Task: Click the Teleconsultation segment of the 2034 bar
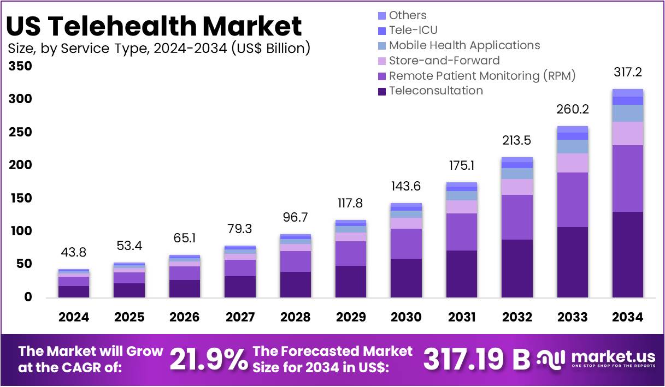click(x=627, y=254)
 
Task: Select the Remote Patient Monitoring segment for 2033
click(x=572, y=200)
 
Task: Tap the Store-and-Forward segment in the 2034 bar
click(x=627, y=133)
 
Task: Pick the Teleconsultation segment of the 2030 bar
click(x=406, y=278)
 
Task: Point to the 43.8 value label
click(x=74, y=253)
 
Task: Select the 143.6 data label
click(x=406, y=186)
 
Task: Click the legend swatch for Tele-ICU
click(x=381, y=31)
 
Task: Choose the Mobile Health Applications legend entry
click(x=464, y=45)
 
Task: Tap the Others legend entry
click(x=407, y=15)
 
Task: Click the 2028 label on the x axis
click(x=295, y=317)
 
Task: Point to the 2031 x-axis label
click(x=461, y=317)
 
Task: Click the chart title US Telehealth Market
click(x=154, y=26)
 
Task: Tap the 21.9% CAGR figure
click(x=208, y=359)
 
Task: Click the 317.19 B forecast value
click(x=476, y=359)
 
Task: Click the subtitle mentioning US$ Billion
click(x=159, y=49)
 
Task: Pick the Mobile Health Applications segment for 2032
click(x=517, y=174)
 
